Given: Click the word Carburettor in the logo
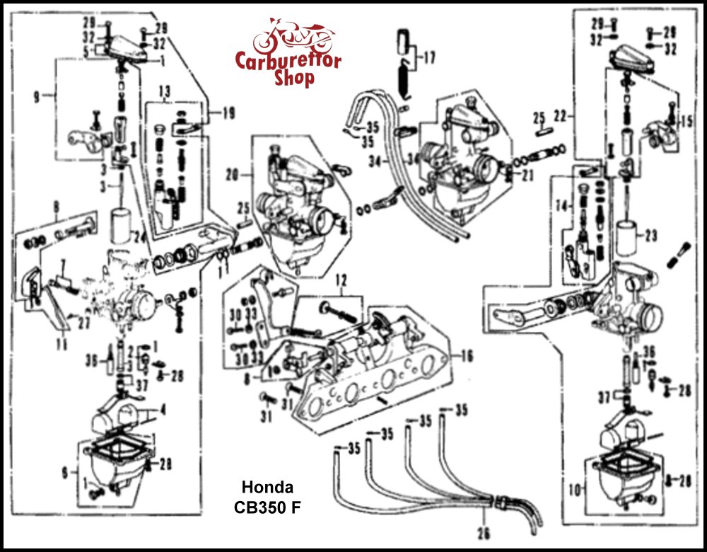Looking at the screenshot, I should coord(288,61).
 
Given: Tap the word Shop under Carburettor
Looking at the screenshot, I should coord(295,78).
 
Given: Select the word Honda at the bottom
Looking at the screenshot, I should coord(267,488).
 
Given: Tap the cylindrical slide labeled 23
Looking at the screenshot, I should coord(625,237).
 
